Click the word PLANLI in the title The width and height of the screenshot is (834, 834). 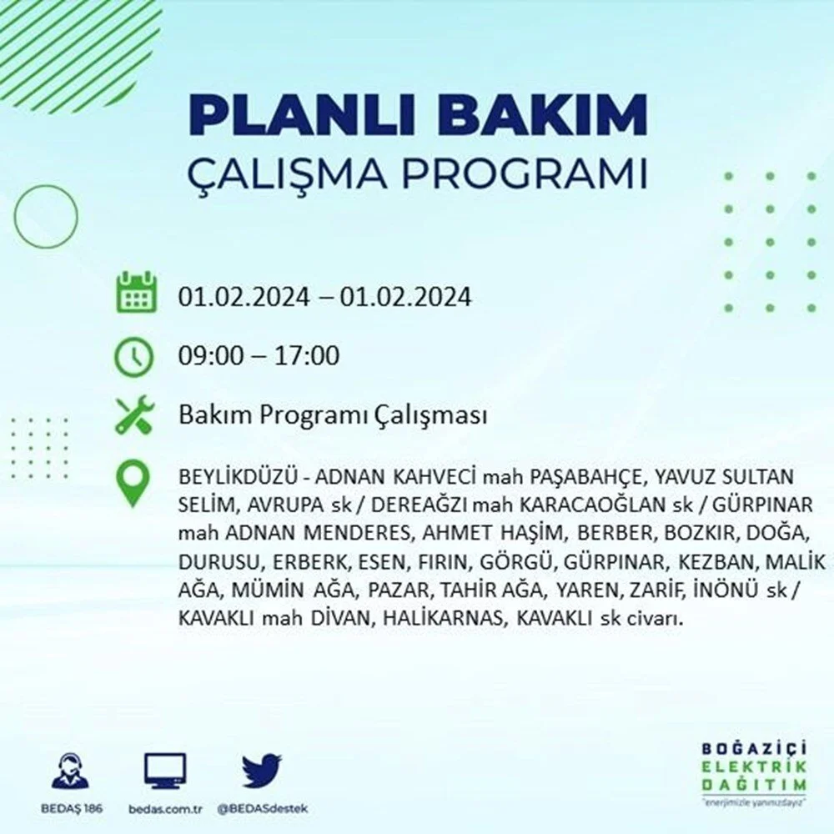coord(300,114)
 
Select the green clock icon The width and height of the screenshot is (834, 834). coord(134,356)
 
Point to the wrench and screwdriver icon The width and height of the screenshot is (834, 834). coord(134,414)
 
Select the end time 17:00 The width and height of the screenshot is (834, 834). coord(307,356)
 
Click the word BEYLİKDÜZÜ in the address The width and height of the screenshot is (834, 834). coord(238,476)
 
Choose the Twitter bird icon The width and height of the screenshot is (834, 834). coord(262,771)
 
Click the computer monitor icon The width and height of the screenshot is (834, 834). coord(165,771)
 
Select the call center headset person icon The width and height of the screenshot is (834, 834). coord(71,771)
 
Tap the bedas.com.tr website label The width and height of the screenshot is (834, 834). coord(165,809)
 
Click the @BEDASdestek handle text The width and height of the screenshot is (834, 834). coord(262,809)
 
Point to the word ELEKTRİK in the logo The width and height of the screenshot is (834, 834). coord(754,766)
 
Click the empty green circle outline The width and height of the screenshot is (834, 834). coord(15,217)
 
